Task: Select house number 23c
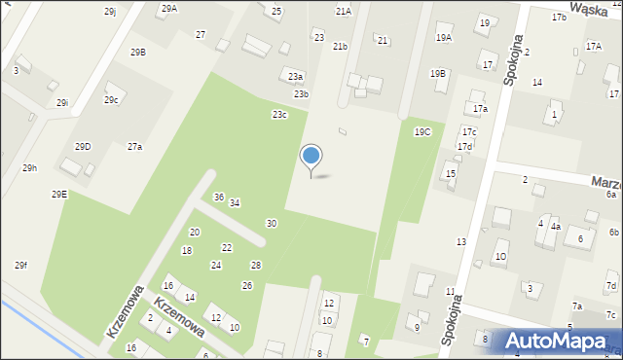[279, 115]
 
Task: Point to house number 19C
[422, 131]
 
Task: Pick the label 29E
[59, 194]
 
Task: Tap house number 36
[219, 198]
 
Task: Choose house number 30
[272, 224]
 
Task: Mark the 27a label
[134, 147]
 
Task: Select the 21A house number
[343, 12]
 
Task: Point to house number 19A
[444, 38]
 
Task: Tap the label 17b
[559, 18]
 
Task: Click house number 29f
[20, 266]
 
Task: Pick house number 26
[247, 285]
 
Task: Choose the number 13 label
[461, 241]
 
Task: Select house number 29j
[110, 11]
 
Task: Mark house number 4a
[555, 227]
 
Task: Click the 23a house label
[295, 76]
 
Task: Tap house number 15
[450, 173]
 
